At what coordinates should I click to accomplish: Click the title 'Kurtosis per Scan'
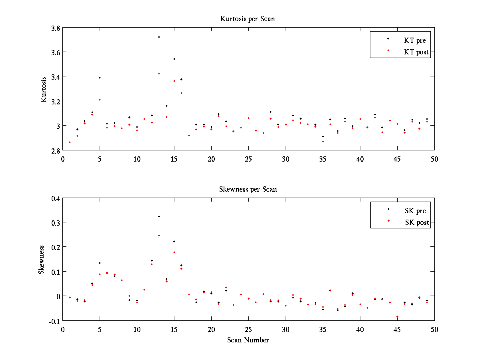click(248, 19)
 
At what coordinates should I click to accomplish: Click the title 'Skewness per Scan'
click(248, 189)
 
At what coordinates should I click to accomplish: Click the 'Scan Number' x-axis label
click(248, 340)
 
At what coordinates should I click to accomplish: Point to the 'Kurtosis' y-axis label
click(44, 89)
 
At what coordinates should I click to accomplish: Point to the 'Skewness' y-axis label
click(41, 260)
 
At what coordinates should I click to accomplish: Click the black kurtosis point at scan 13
click(159, 37)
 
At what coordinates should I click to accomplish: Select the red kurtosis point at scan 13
click(159, 74)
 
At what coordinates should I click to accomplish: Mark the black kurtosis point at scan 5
click(100, 78)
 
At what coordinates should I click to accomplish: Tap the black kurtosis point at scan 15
click(174, 59)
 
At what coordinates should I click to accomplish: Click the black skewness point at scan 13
click(159, 216)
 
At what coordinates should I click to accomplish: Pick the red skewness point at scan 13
click(159, 235)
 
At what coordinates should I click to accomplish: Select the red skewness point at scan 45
click(397, 316)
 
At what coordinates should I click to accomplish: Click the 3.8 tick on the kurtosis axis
click(56, 28)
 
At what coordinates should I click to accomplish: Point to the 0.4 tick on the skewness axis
click(56, 198)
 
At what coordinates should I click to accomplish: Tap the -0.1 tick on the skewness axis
click(54, 321)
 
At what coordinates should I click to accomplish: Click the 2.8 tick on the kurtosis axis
click(56, 150)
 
